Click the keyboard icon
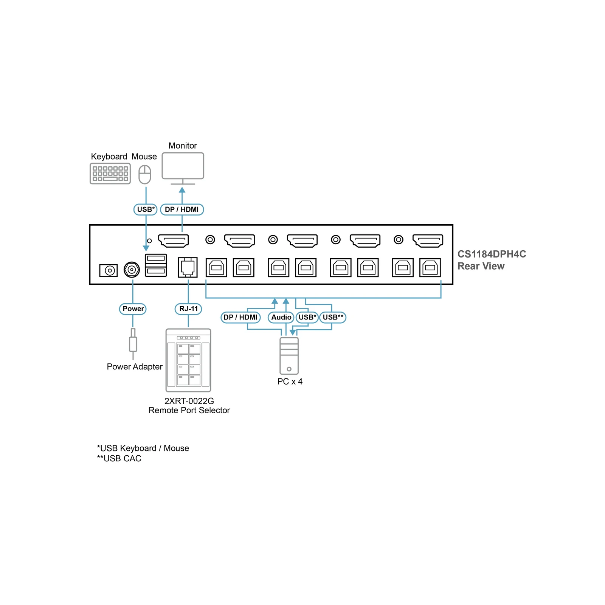pyautogui.click(x=110, y=174)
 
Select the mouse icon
pyautogui.click(x=145, y=174)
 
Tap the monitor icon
pyautogui.click(x=183, y=168)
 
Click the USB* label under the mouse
pyautogui.click(x=146, y=209)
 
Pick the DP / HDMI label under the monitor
pyautogui.click(x=182, y=209)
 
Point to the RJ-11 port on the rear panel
pyautogui.click(x=188, y=267)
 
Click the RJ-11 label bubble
pyautogui.click(x=188, y=309)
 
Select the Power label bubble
pyautogui.click(x=133, y=309)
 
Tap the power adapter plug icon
pyautogui.click(x=133, y=344)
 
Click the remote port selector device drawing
pyautogui.click(x=188, y=360)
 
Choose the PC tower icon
pyautogui.click(x=289, y=356)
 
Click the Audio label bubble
pyautogui.click(x=281, y=317)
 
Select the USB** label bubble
pyautogui.click(x=333, y=317)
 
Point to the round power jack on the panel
pyautogui.click(x=132, y=270)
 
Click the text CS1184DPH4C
pyautogui.click(x=492, y=254)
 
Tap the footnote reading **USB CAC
pyautogui.click(x=119, y=459)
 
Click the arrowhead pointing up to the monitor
pyautogui.click(x=182, y=190)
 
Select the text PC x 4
pyautogui.click(x=290, y=382)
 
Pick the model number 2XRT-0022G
pyautogui.click(x=189, y=401)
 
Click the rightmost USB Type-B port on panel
pyautogui.click(x=430, y=267)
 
